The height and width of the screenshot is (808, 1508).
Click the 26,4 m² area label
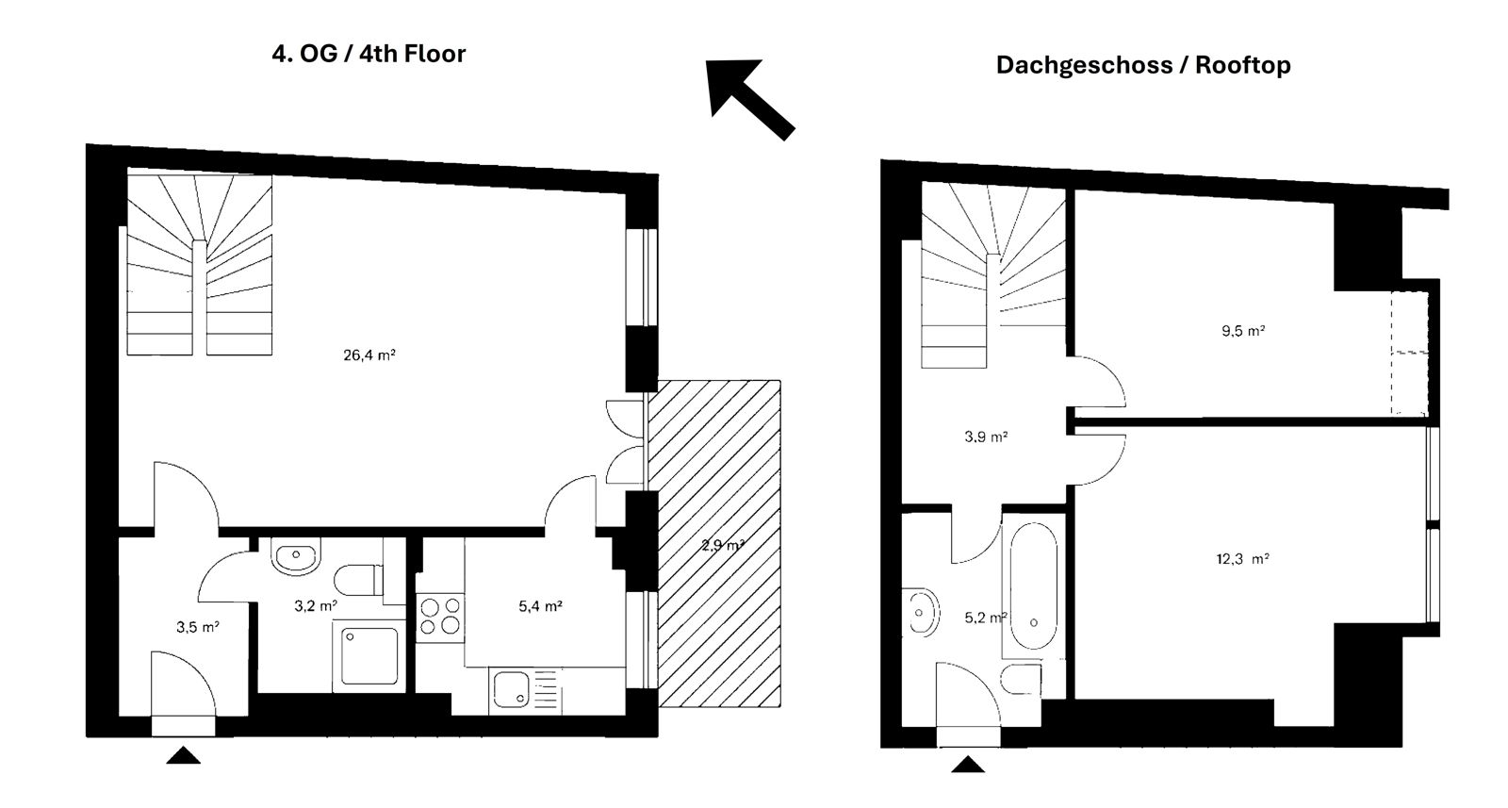coord(369,355)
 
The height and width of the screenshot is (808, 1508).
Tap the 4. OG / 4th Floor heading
coord(369,54)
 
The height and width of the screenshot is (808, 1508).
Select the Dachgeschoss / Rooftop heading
coord(1143,65)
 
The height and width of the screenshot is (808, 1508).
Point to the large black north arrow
coord(749,99)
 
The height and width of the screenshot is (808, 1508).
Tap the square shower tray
coord(369,656)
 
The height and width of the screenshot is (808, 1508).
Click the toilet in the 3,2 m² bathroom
coord(359,580)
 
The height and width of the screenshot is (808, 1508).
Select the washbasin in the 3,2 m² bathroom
coord(296,555)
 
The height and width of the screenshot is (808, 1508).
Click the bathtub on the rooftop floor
coord(1033,585)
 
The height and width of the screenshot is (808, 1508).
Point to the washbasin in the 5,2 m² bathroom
coord(920,613)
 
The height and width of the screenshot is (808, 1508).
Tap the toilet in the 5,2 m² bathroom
coord(1022,679)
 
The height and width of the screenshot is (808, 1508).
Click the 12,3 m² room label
coord(1243,559)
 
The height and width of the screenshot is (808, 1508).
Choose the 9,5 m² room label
coord(1243,331)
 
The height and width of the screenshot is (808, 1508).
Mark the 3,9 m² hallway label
coord(986,437)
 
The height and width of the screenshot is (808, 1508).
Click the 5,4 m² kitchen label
coord(540,606)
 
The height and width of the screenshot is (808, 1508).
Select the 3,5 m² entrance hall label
coord(197,627)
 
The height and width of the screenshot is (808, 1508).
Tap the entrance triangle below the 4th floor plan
coord(183,755)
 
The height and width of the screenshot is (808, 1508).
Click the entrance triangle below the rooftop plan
coord(967,765)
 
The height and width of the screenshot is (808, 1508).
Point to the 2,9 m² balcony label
coord(722,545)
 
